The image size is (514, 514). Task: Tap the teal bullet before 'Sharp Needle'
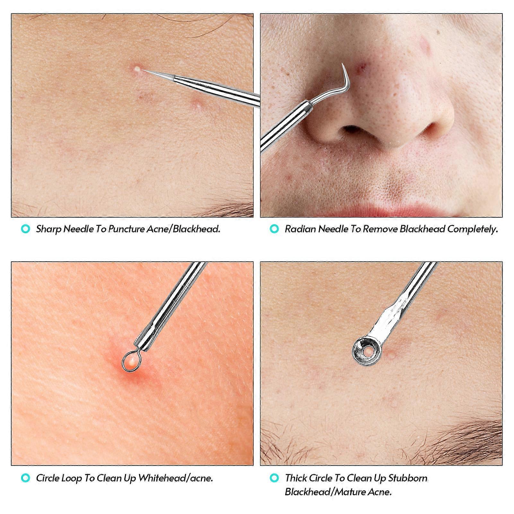[x=25, y=229]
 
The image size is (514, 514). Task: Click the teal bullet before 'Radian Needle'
[x=274, y=229]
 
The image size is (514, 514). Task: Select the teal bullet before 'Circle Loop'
[x=25, y=478]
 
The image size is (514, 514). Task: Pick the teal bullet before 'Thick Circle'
[x=274, y=478]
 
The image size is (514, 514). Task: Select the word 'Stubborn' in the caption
[x=408, y=478]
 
